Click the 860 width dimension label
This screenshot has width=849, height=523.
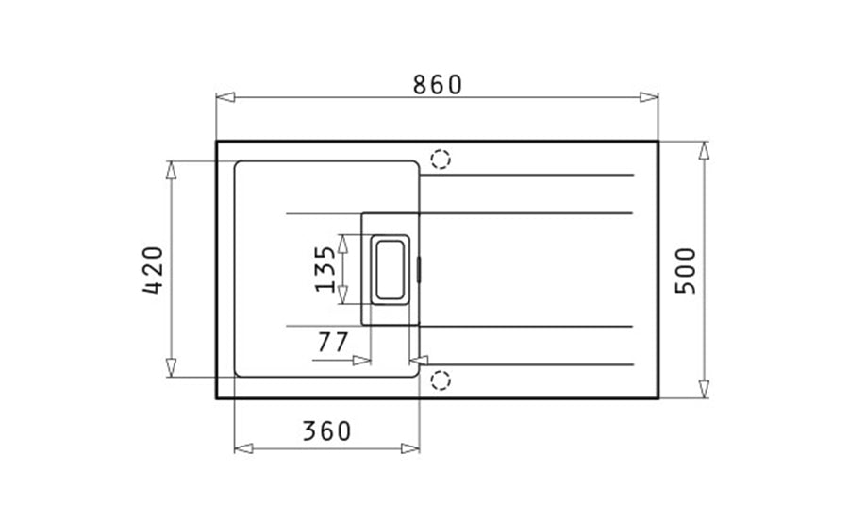pos(438,85)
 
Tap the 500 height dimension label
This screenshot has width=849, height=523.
pos(686,271)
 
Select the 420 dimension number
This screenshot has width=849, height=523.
pos(153,270)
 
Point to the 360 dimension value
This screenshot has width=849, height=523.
pos(326,430)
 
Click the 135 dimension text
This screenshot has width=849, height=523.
pos(325,269)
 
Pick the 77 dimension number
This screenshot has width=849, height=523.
pos(332,342)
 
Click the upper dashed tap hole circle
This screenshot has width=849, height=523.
pos(441,160)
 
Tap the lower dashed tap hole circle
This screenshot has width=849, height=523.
pos(441,380)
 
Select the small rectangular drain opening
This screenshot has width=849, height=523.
pos(390,269)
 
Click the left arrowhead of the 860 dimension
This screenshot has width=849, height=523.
pos(225,97)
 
